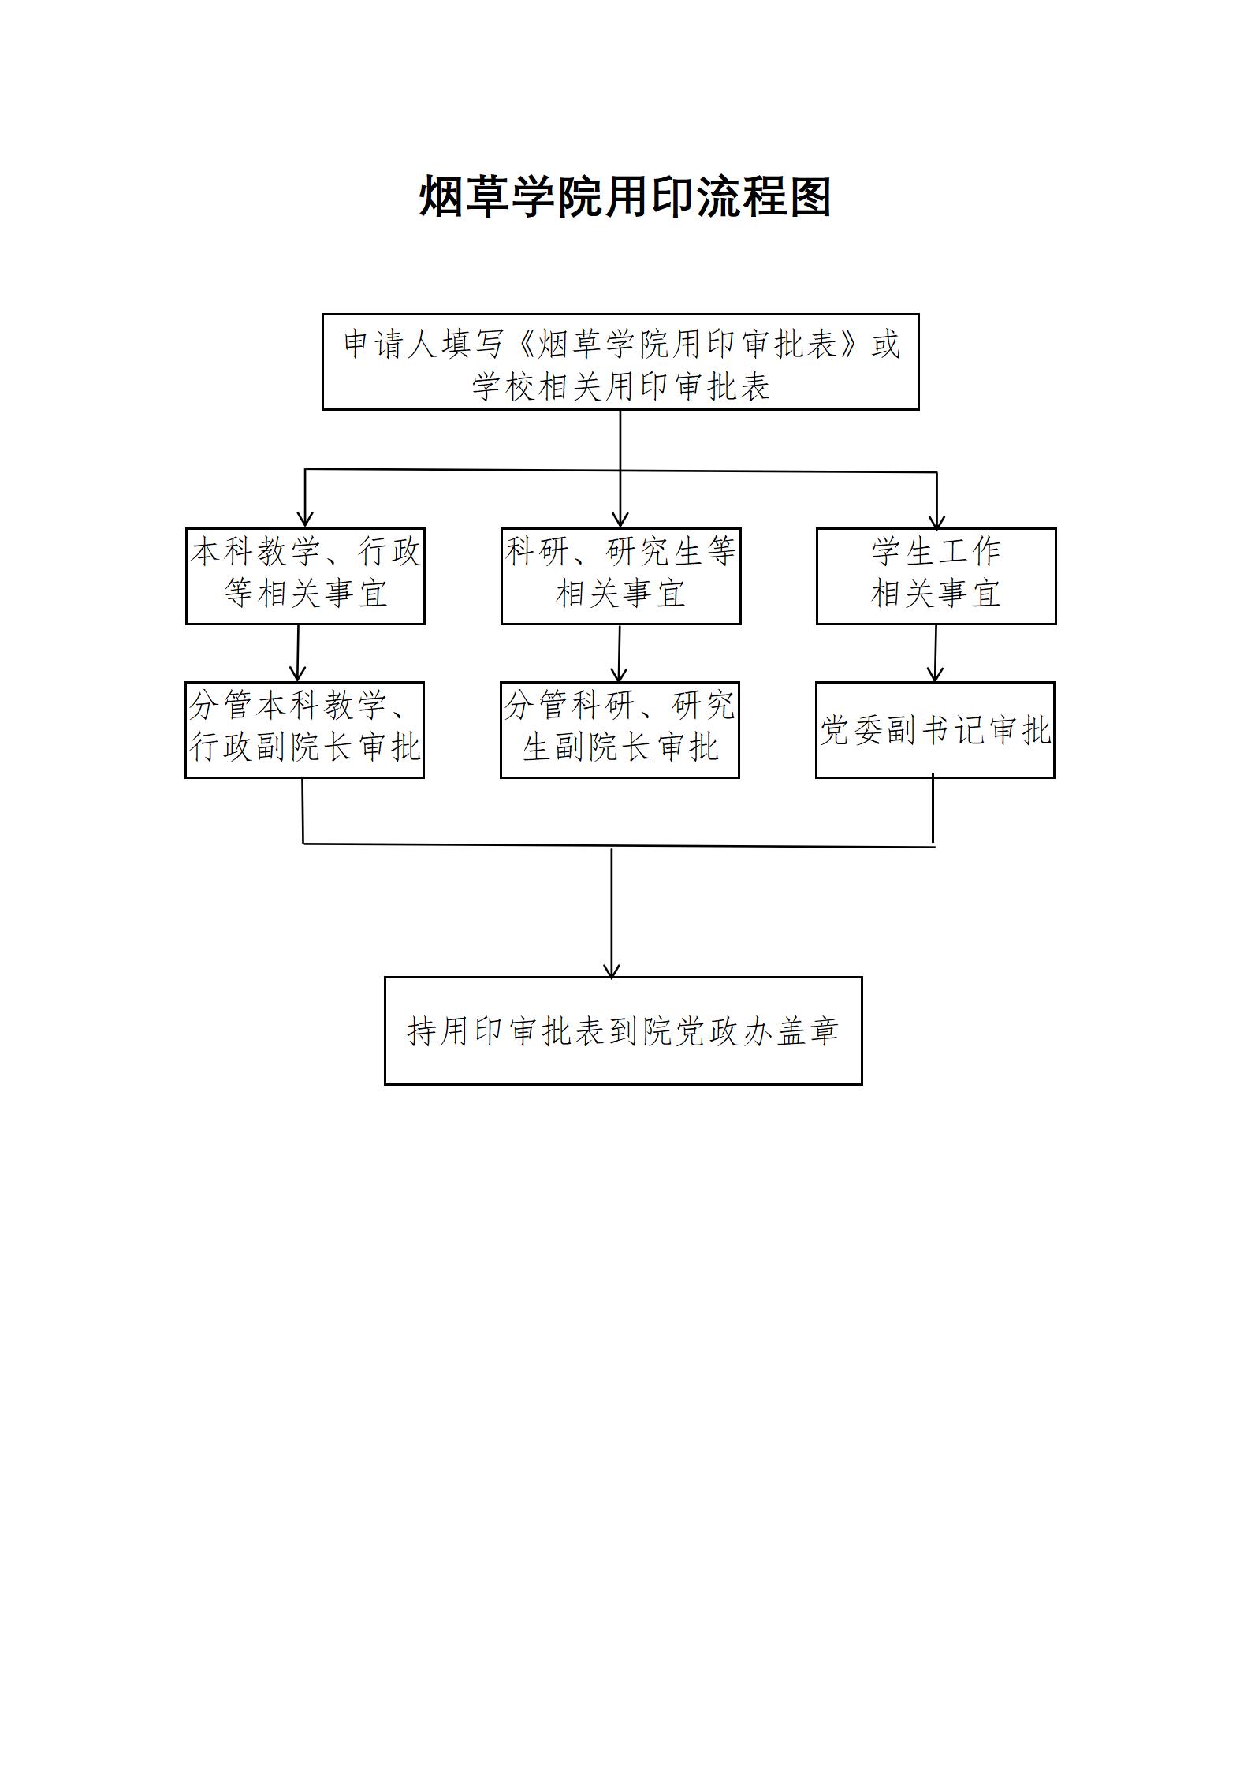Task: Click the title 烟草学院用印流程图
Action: point(625,197)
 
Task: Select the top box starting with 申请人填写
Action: point(620,362)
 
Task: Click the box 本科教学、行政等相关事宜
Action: point(305,576)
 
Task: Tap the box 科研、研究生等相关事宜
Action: point(620,576)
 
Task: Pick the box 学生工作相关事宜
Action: point(936,576)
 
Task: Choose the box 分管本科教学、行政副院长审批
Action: point(304,730)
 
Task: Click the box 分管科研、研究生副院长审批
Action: point(620,730)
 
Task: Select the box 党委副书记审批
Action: point(935,730)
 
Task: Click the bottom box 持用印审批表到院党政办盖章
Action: point(623,1030)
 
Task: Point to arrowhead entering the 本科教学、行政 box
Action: point(306,520)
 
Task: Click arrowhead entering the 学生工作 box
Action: point(936,521)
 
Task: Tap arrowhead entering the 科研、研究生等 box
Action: point(620,520)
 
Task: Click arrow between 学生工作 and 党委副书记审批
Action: point(936,654)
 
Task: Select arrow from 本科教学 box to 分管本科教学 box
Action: point(298,654)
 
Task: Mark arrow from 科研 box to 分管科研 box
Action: point(620,654)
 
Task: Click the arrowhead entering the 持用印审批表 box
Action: point(612,970)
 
